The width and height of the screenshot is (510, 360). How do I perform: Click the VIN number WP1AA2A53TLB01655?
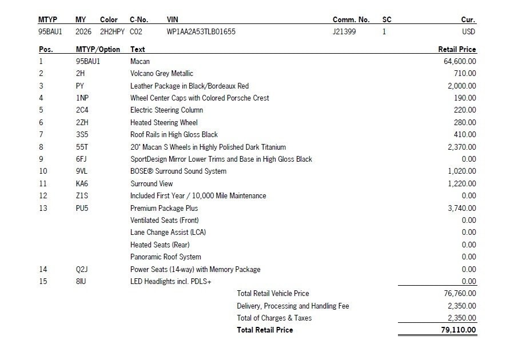click(201, 32)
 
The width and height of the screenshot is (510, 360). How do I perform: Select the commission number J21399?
click(344, 32)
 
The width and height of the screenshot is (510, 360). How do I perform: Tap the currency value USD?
click(468, 32)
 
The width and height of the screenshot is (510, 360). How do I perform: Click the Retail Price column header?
click(457, 50)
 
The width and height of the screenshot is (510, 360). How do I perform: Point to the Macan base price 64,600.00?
click(460, 61)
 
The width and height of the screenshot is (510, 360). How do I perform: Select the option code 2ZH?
click(82, 122)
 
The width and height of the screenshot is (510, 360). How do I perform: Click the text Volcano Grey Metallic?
click(162, 74)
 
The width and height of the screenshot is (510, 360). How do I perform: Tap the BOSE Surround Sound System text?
click(178, 171)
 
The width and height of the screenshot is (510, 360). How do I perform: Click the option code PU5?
click(82, 208)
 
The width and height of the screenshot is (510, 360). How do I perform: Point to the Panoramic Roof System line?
click(166, 257)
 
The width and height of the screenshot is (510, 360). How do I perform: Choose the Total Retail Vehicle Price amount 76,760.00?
click(460, 293)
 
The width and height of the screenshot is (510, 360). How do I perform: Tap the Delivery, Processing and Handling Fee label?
click(293, 306)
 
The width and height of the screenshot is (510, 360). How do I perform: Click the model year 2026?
click(83, 32)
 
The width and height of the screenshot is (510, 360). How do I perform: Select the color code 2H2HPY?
click(112, 32)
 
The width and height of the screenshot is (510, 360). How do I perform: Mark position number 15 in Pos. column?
click(43, 281)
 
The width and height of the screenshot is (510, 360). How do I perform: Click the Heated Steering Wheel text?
click(164, 122)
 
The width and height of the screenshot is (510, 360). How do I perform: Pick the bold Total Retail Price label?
click(265, 330)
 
